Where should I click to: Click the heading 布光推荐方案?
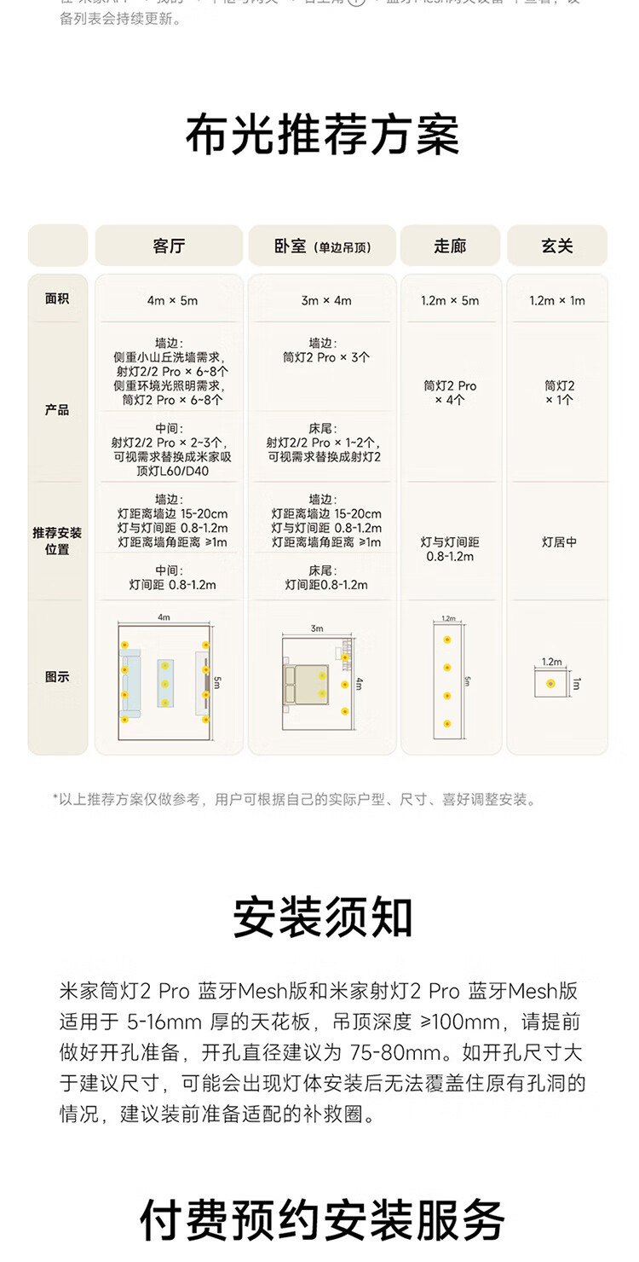coord(322,135)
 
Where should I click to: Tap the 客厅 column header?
coord(169,246)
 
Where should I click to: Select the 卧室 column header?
coord(322,246)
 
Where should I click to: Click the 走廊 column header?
coord(450,246)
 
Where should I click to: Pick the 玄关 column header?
coord(557,246)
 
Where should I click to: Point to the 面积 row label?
coord(58,299)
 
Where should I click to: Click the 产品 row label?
coord(58,410)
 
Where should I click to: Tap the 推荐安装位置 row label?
coord(58,541)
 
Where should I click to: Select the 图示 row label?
coord(58,677)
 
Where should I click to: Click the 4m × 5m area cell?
coord(171,300)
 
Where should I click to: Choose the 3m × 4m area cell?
coord(326,300)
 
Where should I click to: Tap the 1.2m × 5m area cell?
coord(450,300)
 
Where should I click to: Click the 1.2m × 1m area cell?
coord(557,300)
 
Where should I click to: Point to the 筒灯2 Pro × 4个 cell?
coord(450,392)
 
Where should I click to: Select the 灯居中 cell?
coord(559,541)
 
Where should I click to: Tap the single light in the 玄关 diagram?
coord(550,683)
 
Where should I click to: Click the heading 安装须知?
coord(322,917)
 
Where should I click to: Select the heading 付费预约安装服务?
coord(322,1219)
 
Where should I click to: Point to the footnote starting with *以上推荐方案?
coord(295,799)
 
